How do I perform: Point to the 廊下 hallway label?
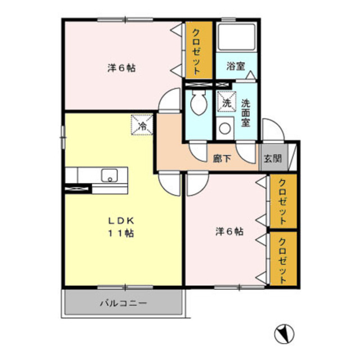coord(220,159)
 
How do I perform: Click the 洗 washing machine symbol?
coord(226,102)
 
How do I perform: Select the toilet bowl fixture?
coord(198,103)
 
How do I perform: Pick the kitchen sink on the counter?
coord(109,175)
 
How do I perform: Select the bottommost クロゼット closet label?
coord(282,259)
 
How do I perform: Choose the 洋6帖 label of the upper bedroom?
coord(121,68)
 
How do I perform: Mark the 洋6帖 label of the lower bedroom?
coord(229,231)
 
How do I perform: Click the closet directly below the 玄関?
coord(282,201)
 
